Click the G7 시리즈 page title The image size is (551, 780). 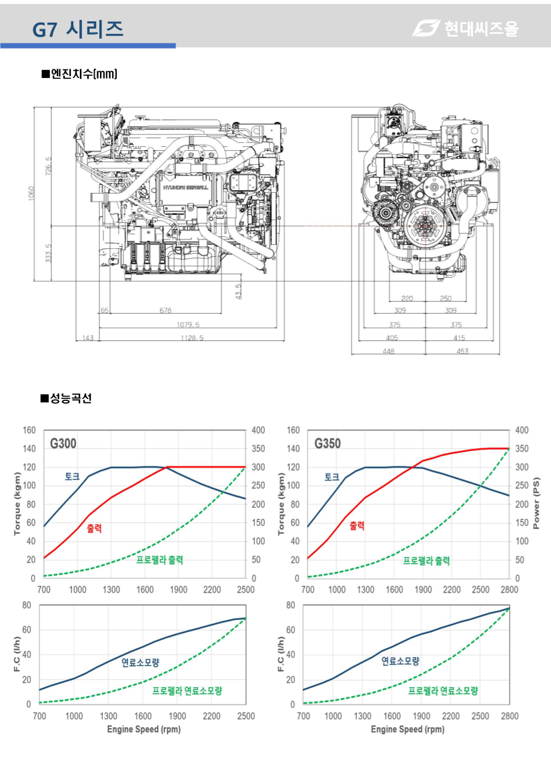[x=78, y=28]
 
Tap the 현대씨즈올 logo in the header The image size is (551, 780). [x=465, y=28]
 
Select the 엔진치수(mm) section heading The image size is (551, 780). [x=79, y=73]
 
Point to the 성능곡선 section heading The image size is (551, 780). [x=67, y=398]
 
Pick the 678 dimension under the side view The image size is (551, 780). [x=165, y=310]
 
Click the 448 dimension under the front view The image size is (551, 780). [x=388, y=351]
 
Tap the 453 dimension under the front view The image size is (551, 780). [x=462, y=351]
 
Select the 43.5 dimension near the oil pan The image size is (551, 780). [x=239, y=292]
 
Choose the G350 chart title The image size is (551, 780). [x=328, y=443]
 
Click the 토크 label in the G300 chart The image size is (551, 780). [x=72, y=476]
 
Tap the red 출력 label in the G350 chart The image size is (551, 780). [x=357, y=525]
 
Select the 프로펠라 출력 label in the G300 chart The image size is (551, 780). [x=159, y=560]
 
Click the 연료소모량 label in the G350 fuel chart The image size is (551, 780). [x=400, y=661]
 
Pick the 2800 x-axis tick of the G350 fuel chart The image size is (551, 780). [x=509, y=716]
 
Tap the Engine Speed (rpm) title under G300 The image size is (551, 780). [x=143, y=729]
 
